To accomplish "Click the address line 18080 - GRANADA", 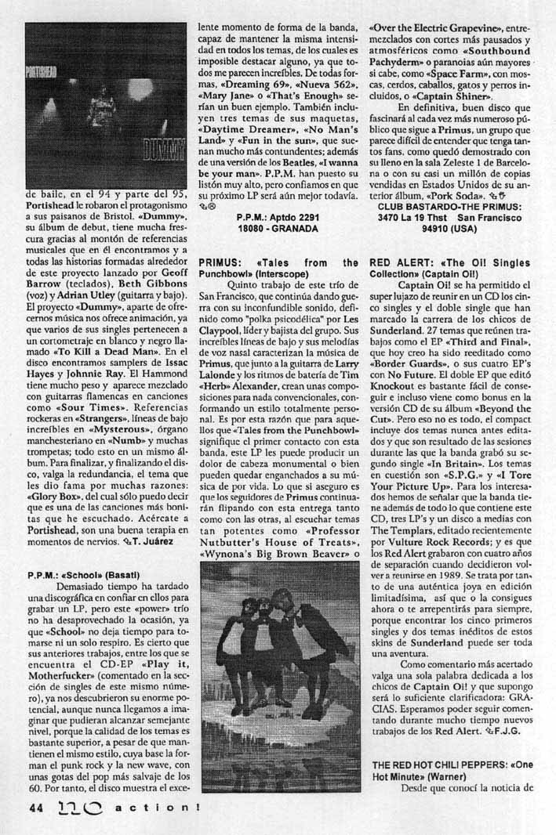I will (278, 229).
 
